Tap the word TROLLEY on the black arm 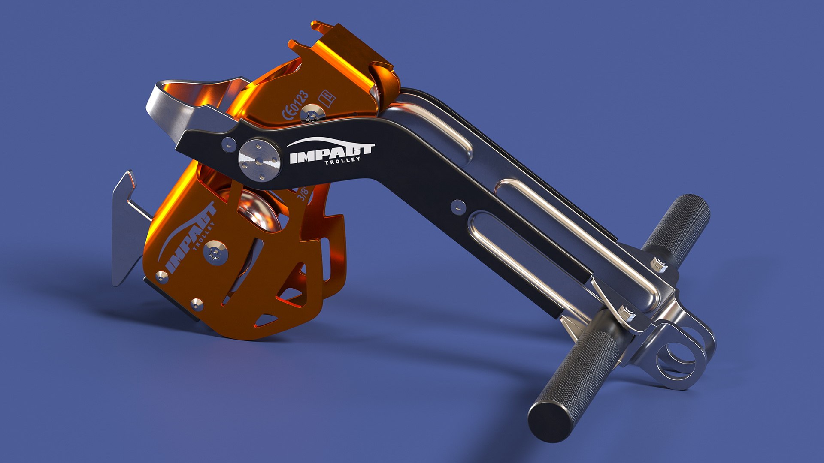point(342,161)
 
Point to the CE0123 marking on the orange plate point(295,105)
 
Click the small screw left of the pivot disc point(229,144)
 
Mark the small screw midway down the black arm point(458,207)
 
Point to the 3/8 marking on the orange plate point(303,194)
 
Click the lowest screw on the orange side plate point(197,304)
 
